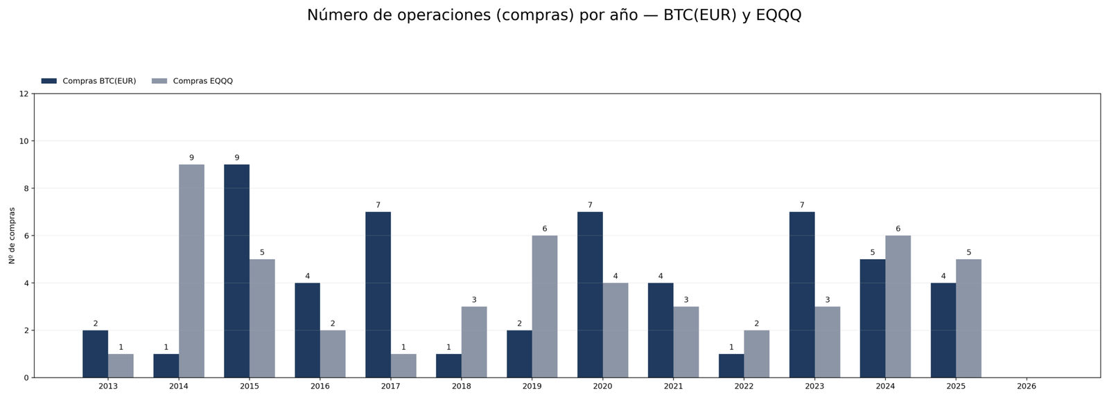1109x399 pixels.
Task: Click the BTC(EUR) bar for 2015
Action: pyautogui.click(x=236, y=271)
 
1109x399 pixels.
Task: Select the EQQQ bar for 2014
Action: pyautogui.click(x=191, y=271)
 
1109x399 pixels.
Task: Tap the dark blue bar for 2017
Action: pyautogui.click(x=378, y=294)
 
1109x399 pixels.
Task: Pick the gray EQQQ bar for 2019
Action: pyautogui.click(x=545, y=306)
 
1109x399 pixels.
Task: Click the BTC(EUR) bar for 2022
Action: pyautogui.click(x=731, y=366)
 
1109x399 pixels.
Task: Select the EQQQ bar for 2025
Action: pyautogui.click(x=968, y=318)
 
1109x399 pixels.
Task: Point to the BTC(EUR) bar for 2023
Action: pyautogui.click(x=802, y=294)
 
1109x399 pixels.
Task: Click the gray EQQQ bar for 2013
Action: pyautogui.click(x=121, y=366)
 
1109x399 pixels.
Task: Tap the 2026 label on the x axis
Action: pyautogui.click(x=1027, y=386)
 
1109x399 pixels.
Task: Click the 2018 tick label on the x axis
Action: pyautogui.click(x=461, y=386)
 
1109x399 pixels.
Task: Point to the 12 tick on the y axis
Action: pyautogui.click(x=24, y=94)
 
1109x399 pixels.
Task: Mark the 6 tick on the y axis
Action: pyautogui.click(x=26, y=236)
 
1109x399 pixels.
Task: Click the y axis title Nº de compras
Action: pyautogui.click(x=12, y=236)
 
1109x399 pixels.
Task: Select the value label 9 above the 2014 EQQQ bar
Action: pyautogui.click(x=191, y=158)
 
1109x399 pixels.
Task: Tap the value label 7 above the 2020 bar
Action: pyautogui.click(x=590, y=205)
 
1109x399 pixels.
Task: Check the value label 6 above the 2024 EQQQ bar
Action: pyautogui.click(x=898, y=229)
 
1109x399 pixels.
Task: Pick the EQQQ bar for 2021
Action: pyautogui.click(x=686, y=342)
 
